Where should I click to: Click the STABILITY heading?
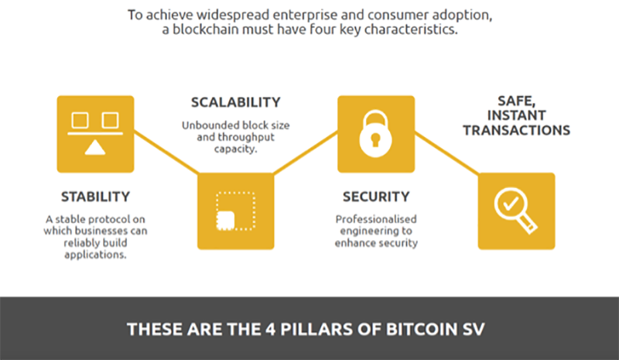click(x=95, y=196)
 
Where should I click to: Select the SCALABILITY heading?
click(x=235, y=102)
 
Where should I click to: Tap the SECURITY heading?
click(x=375, y=196)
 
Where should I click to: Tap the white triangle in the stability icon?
click(x=95, y=148)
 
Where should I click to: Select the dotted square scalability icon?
click(x=235, y=211)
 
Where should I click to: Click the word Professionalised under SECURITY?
click(x=375, y=219)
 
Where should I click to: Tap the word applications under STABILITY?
click(x=95, y=254)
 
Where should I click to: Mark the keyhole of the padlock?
click(x=375, y=140)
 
